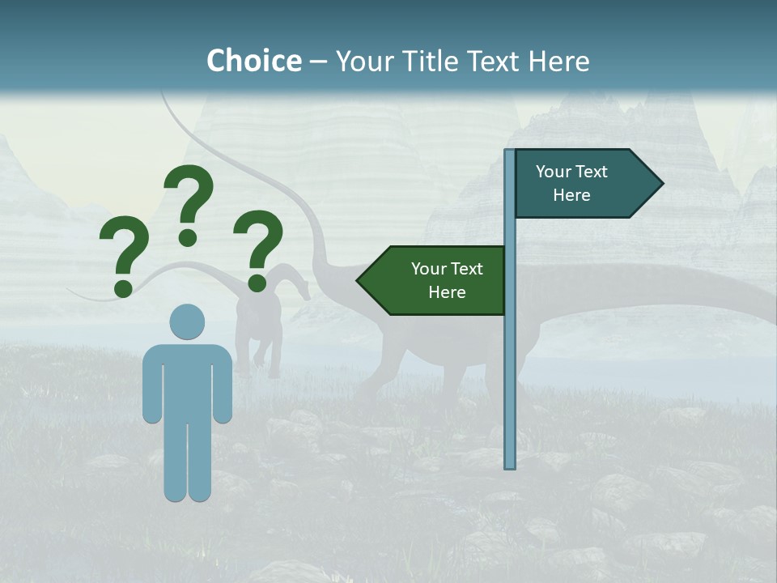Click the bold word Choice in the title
click(253, 61)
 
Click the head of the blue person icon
click(187, 321)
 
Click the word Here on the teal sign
click(571, 195)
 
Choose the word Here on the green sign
click(447, 292)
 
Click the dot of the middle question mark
click(188, 237)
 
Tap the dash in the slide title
click(318, 62)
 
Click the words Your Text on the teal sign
click(571, 172)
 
